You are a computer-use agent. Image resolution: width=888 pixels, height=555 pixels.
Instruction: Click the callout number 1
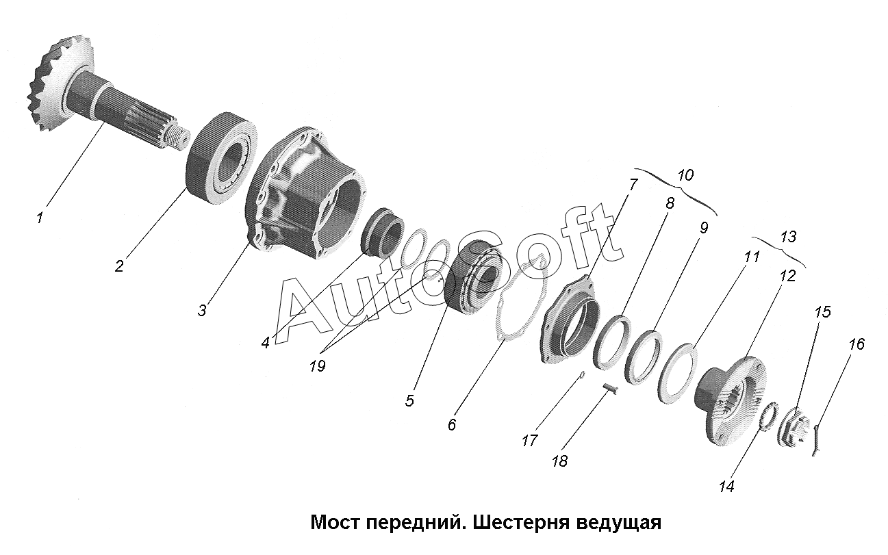(x=40, y=218)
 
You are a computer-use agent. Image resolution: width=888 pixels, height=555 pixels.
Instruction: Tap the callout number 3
(x=202, y=311)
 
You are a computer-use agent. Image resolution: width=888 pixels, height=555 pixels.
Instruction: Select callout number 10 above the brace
(x=685, y=175)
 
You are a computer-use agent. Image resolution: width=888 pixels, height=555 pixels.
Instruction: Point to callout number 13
(x=788, y=237)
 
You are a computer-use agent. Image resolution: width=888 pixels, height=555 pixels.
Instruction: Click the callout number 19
(x=316, y=365)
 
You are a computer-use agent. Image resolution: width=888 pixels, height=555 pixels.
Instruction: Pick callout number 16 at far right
(x=857, y=344)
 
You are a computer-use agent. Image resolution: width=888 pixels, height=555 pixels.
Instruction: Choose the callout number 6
(x=452, y=425)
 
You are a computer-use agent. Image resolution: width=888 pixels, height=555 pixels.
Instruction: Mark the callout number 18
(x=559, y=461)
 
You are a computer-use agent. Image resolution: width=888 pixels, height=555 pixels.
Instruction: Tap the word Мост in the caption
(x=335, y=524)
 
